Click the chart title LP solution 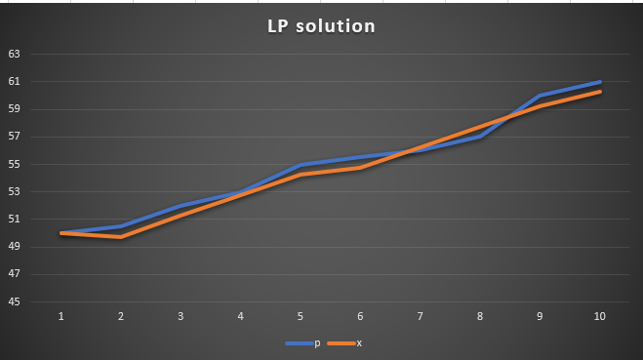(321, 26)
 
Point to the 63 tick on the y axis (15, 55)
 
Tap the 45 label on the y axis (15, 301)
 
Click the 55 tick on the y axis (15, 164)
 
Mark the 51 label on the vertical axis (15, 220)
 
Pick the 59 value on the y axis (15, 109)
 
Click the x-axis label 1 (61, 317)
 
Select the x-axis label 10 (600, 317)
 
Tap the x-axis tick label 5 (301, 317)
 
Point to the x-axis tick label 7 (421, 317)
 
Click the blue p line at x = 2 (121, 226)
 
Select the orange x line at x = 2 (121, 237)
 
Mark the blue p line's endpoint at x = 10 (600, 82)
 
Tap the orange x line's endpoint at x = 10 (600, 92)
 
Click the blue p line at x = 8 (480, 137)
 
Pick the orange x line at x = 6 (361, 168)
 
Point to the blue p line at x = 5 (301, 165)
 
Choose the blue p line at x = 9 (540, 96)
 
